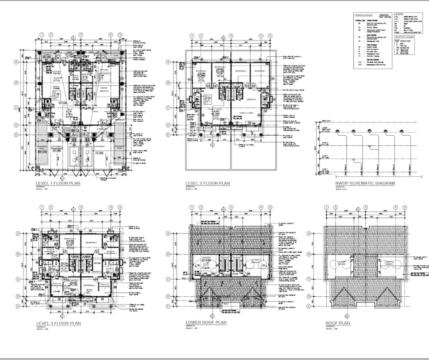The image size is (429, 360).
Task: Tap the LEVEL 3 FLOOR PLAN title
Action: (x=59, y=323)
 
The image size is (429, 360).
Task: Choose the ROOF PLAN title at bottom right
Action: (x=338, y=323)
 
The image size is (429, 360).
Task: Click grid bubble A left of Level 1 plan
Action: (x=16, y=63)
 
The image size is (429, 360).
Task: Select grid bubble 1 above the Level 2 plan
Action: (x=187, y=37)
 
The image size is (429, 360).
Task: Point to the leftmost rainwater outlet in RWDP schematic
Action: (x=339, y=132)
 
